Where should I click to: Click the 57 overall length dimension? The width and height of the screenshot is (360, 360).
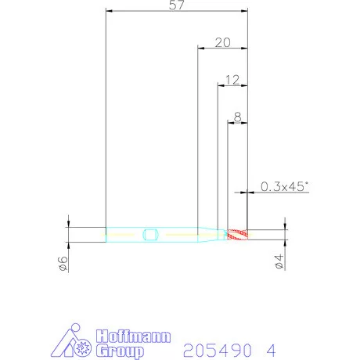[x=177, y=5]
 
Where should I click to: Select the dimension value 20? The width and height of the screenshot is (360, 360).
[x=223, y=42]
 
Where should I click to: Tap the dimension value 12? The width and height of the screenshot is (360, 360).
[x=232, y=80]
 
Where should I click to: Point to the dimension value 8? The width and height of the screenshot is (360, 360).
[x=237, y=117]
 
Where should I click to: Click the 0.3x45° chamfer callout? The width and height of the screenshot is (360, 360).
[x=284, y=186]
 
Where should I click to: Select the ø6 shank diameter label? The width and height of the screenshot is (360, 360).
[x=63, y=264]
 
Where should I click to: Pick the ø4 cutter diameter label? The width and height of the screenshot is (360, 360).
[x=279, y=261]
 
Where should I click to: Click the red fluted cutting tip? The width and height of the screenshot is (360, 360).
[x=237, y=235]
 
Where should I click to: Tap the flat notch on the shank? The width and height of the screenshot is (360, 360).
[x=150, y=235]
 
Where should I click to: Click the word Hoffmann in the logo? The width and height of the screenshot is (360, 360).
[x=133, y=337]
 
